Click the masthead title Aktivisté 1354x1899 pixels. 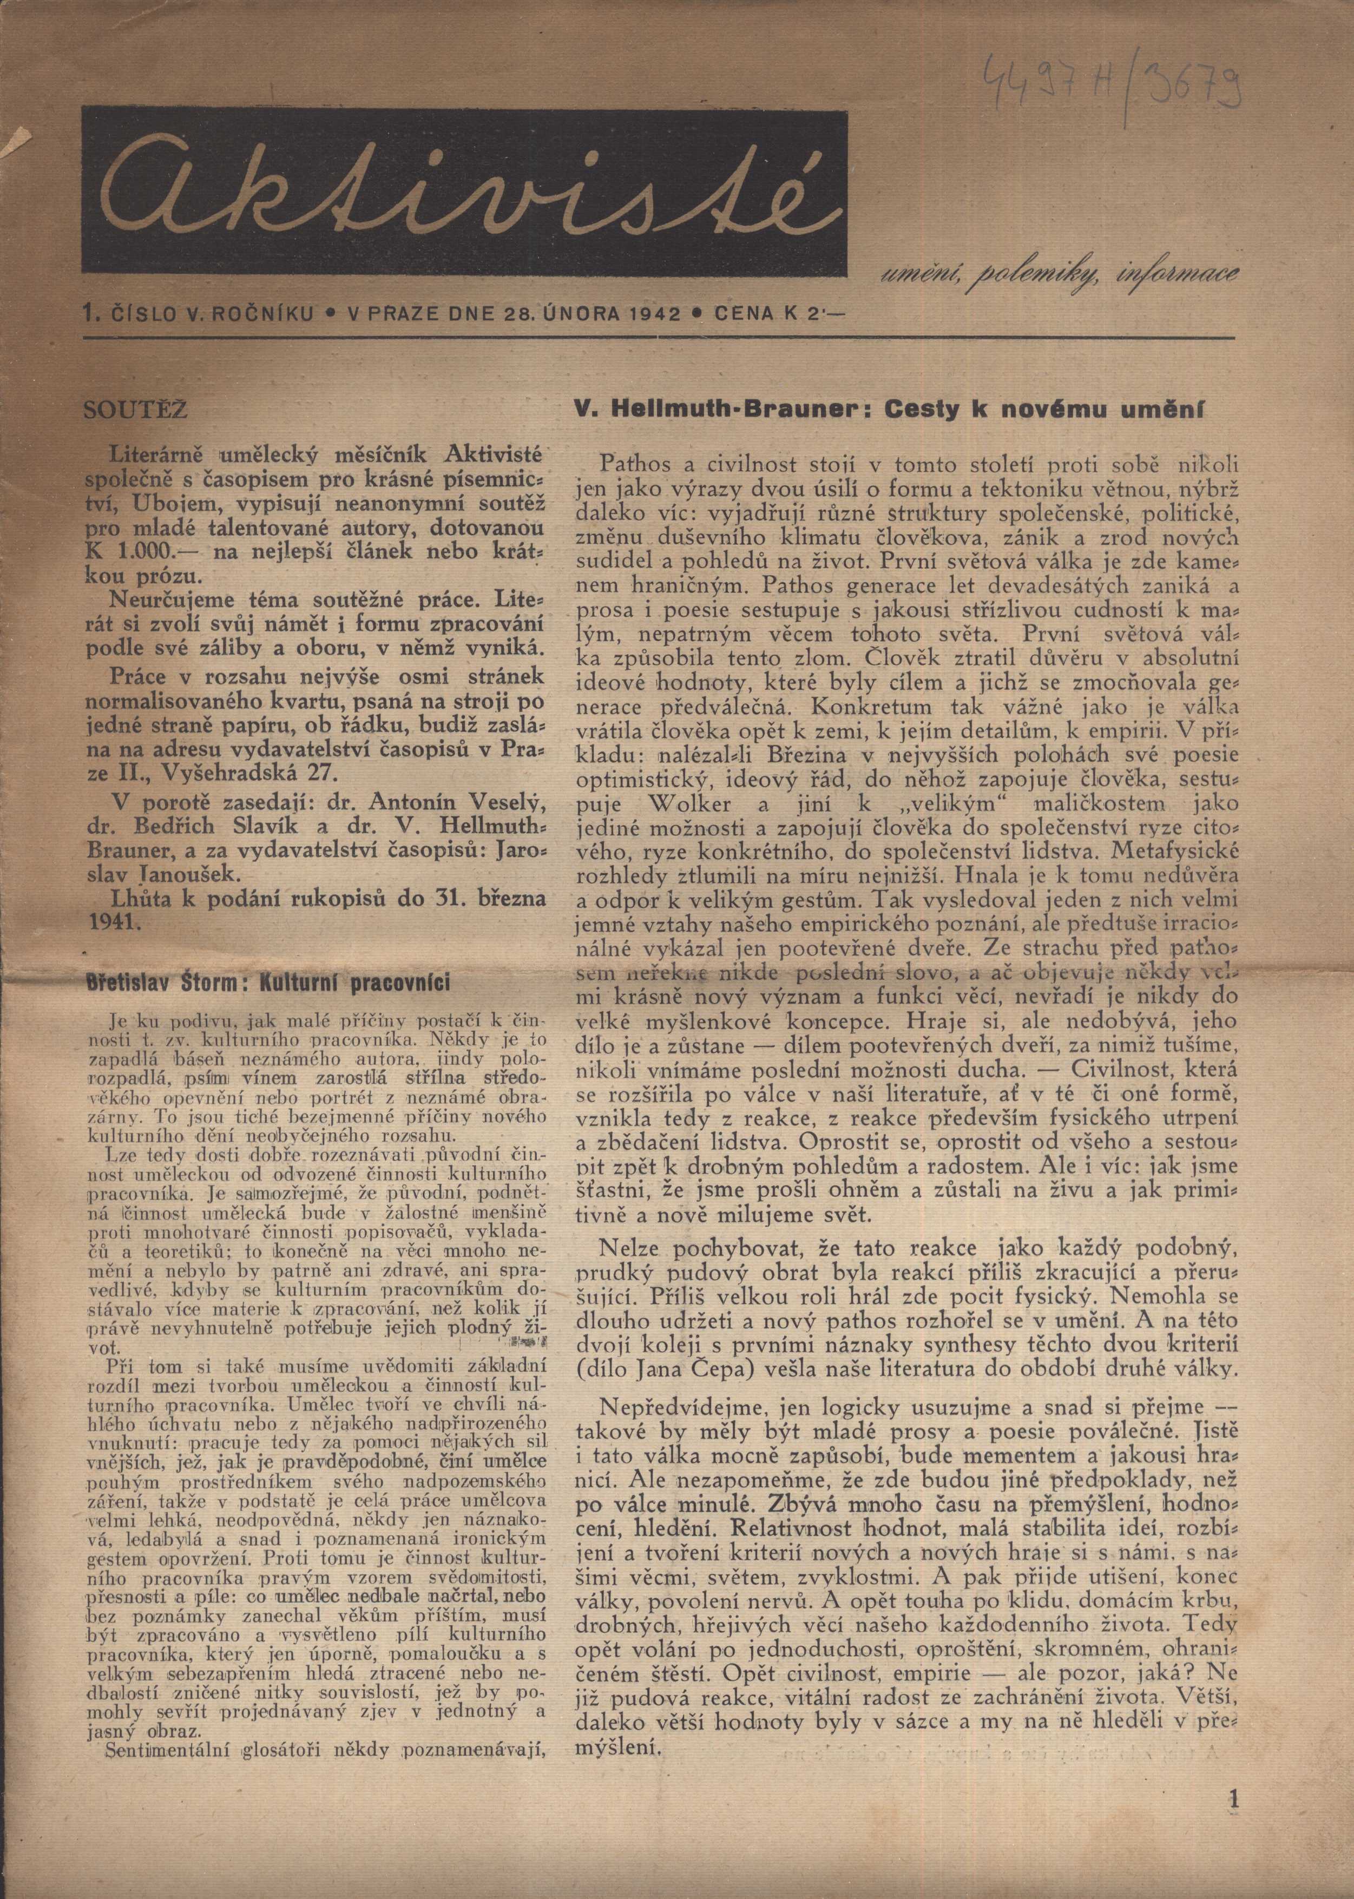(x=462, y=193)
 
